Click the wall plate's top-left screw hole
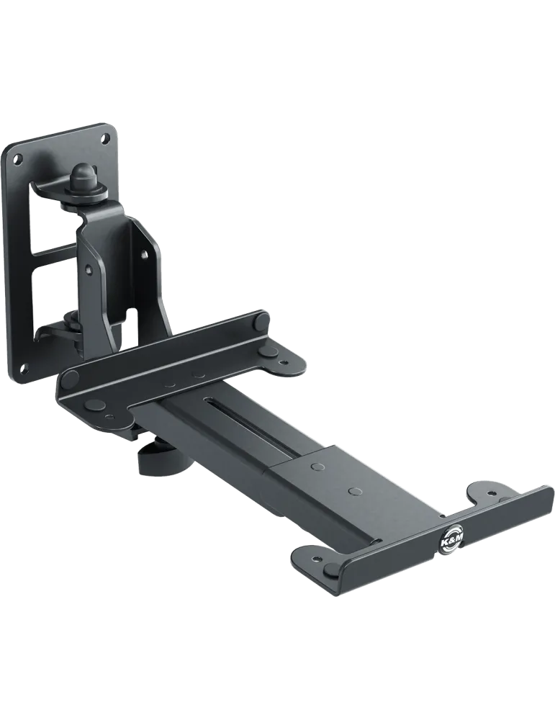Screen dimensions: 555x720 [x=18, y=159]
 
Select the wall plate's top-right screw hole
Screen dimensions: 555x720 [x=105, y=137]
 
